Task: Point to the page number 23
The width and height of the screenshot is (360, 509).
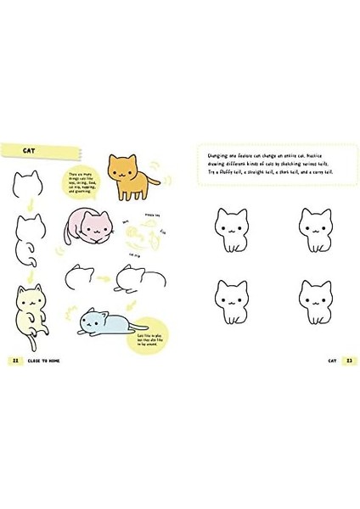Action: (346, 360)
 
